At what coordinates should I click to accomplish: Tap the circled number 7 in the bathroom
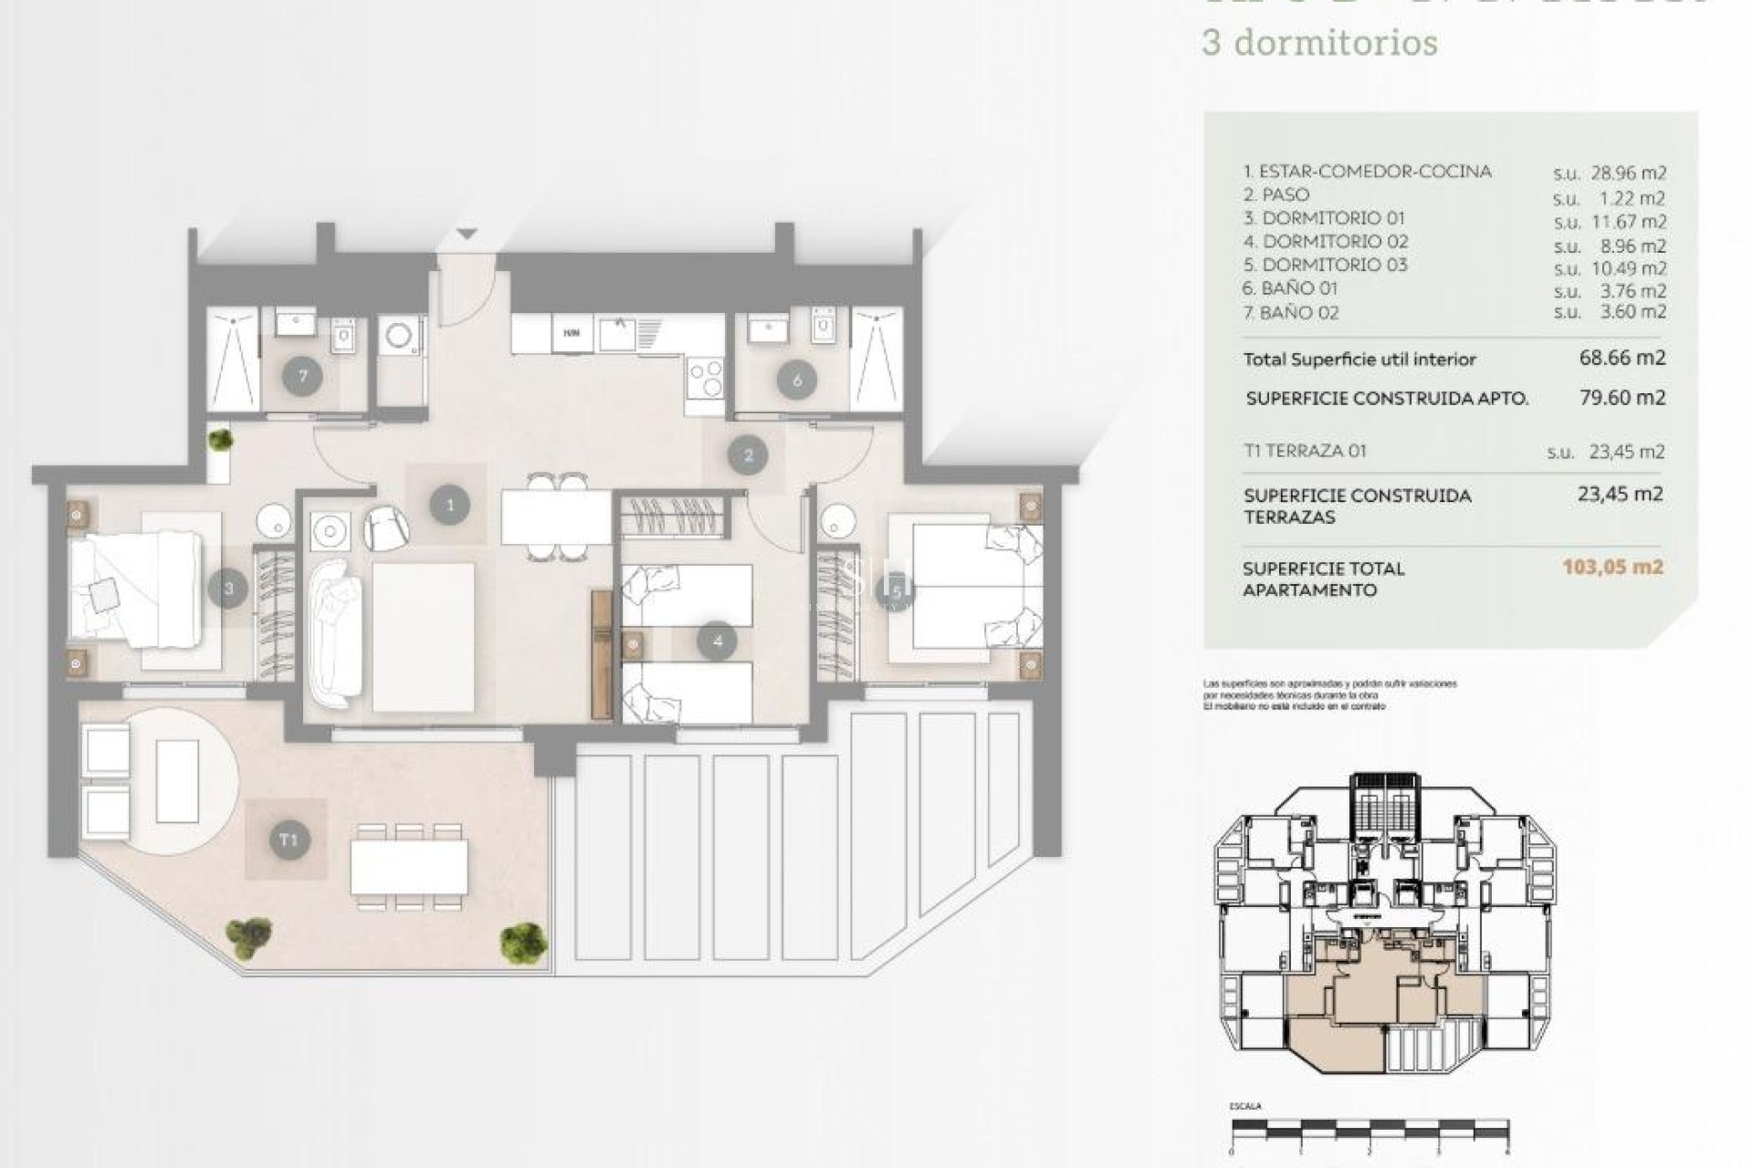[302, 377]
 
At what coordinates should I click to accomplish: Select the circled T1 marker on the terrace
[289, 839]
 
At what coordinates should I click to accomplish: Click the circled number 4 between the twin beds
[717, 641]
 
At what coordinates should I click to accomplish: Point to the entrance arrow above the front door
[467, 235]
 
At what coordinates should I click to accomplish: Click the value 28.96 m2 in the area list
[1610, 172]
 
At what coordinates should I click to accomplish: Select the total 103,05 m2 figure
[1612, 567]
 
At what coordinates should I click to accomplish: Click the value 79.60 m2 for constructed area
[1622, 397]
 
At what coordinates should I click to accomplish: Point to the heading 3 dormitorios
[1319, 43]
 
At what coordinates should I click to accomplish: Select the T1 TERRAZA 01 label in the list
[1305, 451]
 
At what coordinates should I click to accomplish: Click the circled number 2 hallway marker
[749, 455]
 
